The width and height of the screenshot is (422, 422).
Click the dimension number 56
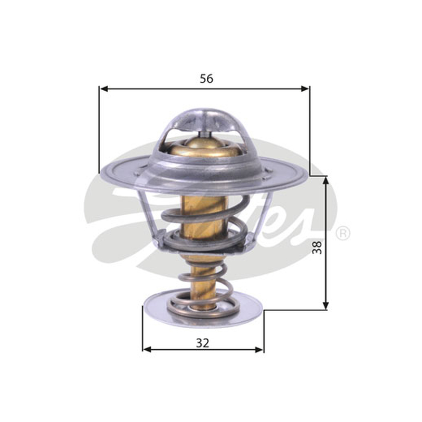tap(206, 78)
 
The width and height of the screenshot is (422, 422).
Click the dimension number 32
tap(203, 343)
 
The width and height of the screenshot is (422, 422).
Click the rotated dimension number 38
tap(318, 247)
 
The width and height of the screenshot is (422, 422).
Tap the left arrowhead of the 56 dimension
tap(104, 89)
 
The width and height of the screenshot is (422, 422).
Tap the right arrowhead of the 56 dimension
tap(305, 89)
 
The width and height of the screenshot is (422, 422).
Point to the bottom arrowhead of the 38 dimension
tap(325, 305)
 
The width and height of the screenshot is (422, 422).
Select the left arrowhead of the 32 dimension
tap(147, 350)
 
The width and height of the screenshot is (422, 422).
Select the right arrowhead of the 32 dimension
tap(259, 350)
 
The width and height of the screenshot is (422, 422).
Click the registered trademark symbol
tap(343, 233)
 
